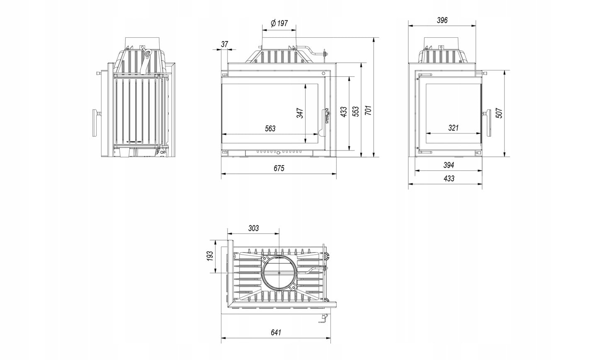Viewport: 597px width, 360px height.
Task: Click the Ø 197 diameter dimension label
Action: (279, 23)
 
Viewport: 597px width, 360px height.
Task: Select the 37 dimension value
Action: (225, 44)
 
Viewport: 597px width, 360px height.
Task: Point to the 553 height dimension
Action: (356, 112)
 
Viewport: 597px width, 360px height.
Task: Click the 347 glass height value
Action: (300, 113)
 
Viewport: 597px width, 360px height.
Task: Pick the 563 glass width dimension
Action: (270, 129)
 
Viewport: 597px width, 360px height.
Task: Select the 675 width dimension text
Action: (279, 168)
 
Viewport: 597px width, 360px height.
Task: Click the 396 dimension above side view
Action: (442, 20)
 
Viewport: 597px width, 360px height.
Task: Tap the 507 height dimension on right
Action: (499, 113)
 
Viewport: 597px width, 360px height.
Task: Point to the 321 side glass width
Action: (453, 128)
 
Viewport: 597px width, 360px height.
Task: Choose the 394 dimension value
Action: (449, 165)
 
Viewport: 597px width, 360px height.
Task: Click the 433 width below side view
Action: (449, 178)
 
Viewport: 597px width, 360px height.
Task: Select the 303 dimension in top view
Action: (253, 228)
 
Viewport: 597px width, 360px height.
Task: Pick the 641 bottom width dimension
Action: (276, 332)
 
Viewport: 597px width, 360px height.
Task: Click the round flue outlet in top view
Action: (279, 273)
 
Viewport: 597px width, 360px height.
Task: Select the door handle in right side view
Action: (488, 122)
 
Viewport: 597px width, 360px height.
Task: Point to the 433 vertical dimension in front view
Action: (343, 112)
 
